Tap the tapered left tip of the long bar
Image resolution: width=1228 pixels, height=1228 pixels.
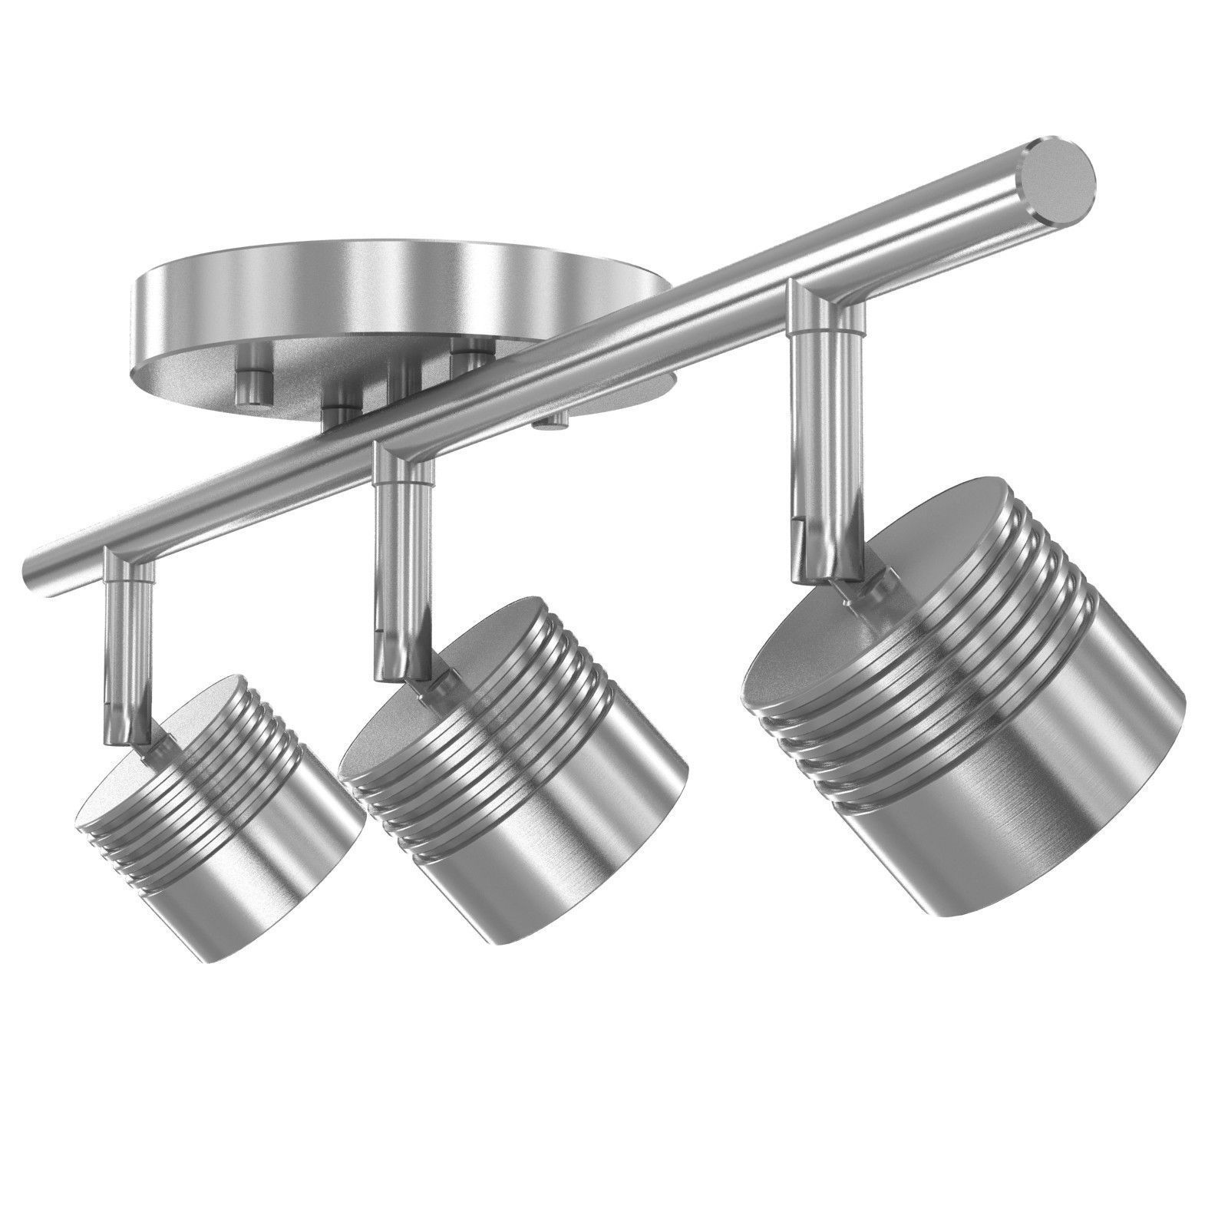[35, 566]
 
